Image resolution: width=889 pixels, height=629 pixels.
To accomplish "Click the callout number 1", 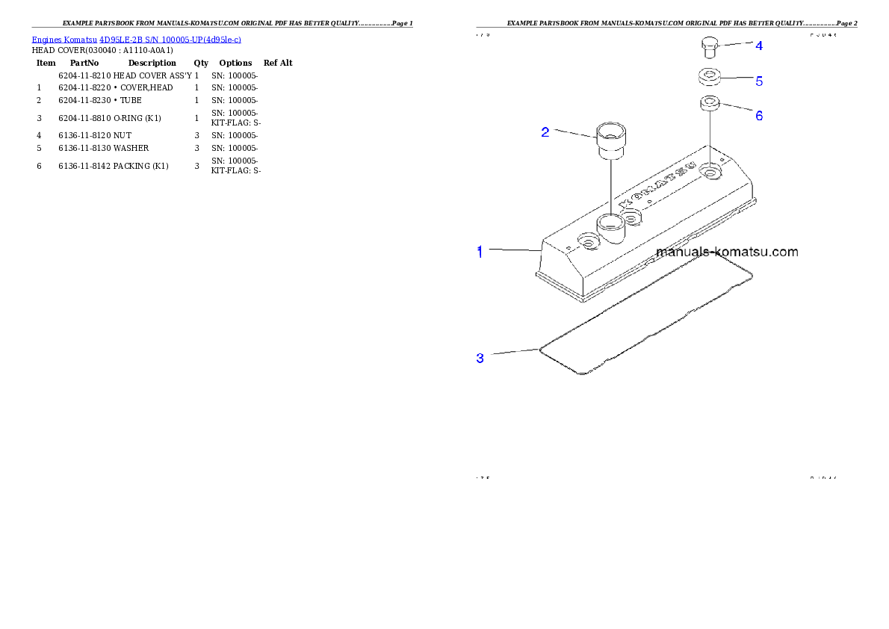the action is tap(480, 252).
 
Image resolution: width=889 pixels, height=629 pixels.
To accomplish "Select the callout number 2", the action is tap(545, 132).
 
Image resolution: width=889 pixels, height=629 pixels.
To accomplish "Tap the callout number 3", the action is tap(480, 358).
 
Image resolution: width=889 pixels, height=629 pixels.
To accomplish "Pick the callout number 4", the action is tap(759, 46).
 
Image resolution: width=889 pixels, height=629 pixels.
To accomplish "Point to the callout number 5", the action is tap(759, 80).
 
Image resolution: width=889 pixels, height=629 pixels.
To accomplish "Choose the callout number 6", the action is tap(759, 115).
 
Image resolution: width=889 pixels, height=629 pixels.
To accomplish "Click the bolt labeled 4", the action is tap(710, 48).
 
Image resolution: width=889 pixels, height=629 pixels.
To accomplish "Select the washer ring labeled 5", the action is tap(710, 77).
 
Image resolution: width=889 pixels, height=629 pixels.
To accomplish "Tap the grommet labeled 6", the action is tap(710, 103).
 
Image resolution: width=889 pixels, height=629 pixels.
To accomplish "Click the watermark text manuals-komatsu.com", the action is tap(726, 252).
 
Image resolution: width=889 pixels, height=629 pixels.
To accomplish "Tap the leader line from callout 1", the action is tap(512, 250).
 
